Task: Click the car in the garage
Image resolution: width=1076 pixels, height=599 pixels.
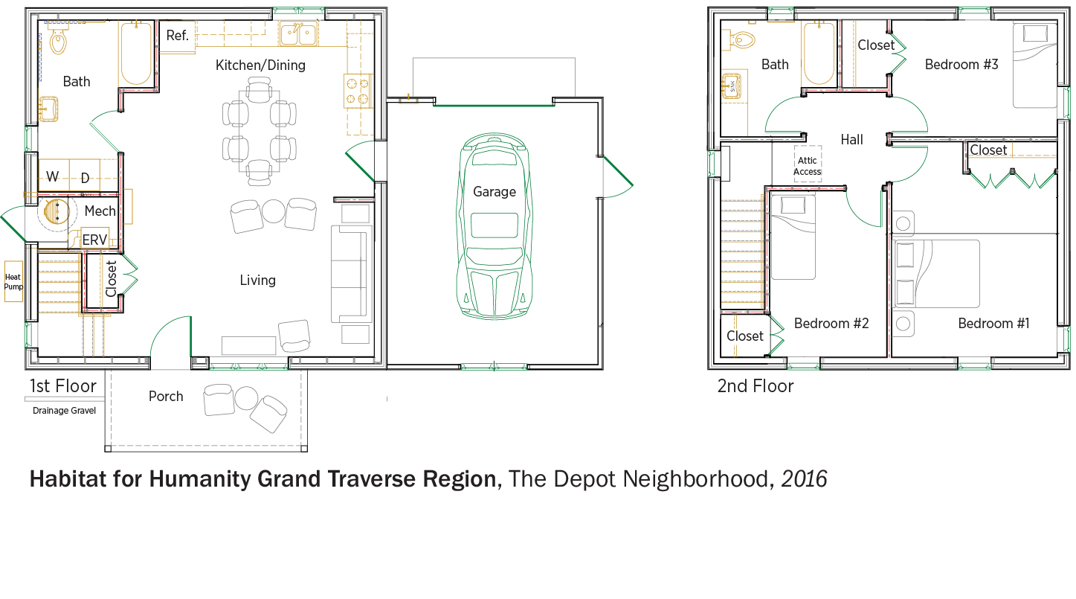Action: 494,226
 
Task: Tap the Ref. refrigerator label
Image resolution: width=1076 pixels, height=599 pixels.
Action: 177,36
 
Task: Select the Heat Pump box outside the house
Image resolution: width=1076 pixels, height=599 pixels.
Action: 13,281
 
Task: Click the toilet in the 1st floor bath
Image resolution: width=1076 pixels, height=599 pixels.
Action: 58,39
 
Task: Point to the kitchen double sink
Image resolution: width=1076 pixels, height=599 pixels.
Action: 298,33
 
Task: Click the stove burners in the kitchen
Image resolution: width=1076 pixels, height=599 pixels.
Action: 358,92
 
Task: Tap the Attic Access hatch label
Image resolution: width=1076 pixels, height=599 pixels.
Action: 808,166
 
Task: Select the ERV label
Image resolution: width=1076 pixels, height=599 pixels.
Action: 94,240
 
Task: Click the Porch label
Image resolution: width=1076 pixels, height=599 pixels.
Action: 166,396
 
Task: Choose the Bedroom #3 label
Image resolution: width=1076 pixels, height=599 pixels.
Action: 961,65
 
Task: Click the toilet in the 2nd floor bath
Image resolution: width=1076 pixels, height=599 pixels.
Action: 741,39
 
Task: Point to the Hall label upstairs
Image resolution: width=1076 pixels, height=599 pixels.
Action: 851,139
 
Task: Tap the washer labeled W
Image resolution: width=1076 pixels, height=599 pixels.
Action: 54,176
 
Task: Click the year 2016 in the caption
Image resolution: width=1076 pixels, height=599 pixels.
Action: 804,478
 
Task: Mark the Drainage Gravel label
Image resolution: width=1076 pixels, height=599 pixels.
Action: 64,411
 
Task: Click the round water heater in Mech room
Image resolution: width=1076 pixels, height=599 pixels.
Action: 57,211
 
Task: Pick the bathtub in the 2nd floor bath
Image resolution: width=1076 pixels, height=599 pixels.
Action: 819,54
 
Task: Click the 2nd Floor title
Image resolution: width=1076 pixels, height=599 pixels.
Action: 755,386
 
